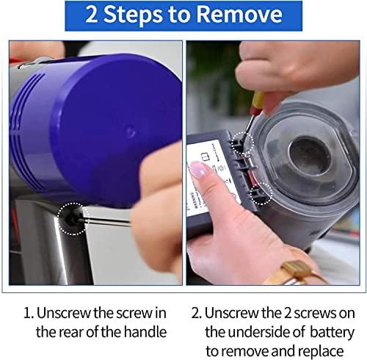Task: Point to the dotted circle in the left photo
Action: (x=73, y=218)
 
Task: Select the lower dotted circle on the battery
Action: (x=261, y=192)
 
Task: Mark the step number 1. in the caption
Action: (x=29, y=312)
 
